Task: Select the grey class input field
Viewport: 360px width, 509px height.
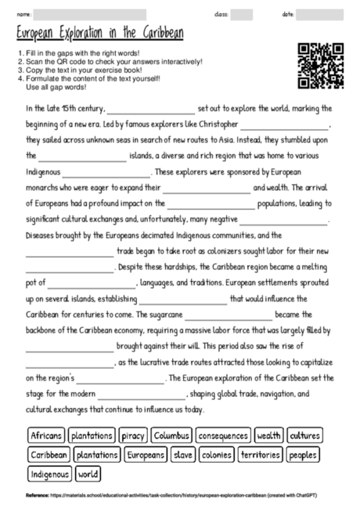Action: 242,14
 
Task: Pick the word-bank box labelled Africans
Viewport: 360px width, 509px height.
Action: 45,435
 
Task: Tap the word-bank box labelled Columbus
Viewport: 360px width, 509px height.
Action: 171,435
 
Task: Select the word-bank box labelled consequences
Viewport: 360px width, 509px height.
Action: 223,435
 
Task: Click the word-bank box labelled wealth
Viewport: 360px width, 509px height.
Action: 268,435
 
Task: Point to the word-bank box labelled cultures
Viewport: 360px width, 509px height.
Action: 304,435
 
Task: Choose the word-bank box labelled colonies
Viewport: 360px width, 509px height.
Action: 216,454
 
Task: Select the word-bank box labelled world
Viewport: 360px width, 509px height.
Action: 88,474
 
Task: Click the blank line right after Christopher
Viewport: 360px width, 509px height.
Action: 286,125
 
